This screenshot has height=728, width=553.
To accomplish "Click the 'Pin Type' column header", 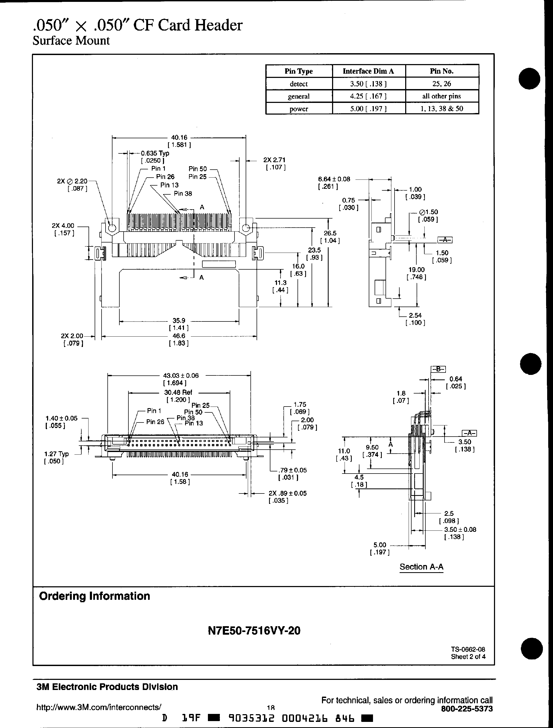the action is coord(299,71).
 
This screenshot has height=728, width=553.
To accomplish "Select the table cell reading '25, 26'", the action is coord(442,83).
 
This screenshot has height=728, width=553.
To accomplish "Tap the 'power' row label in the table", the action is coord(299,109).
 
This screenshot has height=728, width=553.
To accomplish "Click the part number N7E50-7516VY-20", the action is coord(254,631).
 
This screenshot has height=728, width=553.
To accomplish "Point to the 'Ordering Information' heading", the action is coord(94,596).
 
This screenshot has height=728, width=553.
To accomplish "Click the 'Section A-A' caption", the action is coord(421,567).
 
